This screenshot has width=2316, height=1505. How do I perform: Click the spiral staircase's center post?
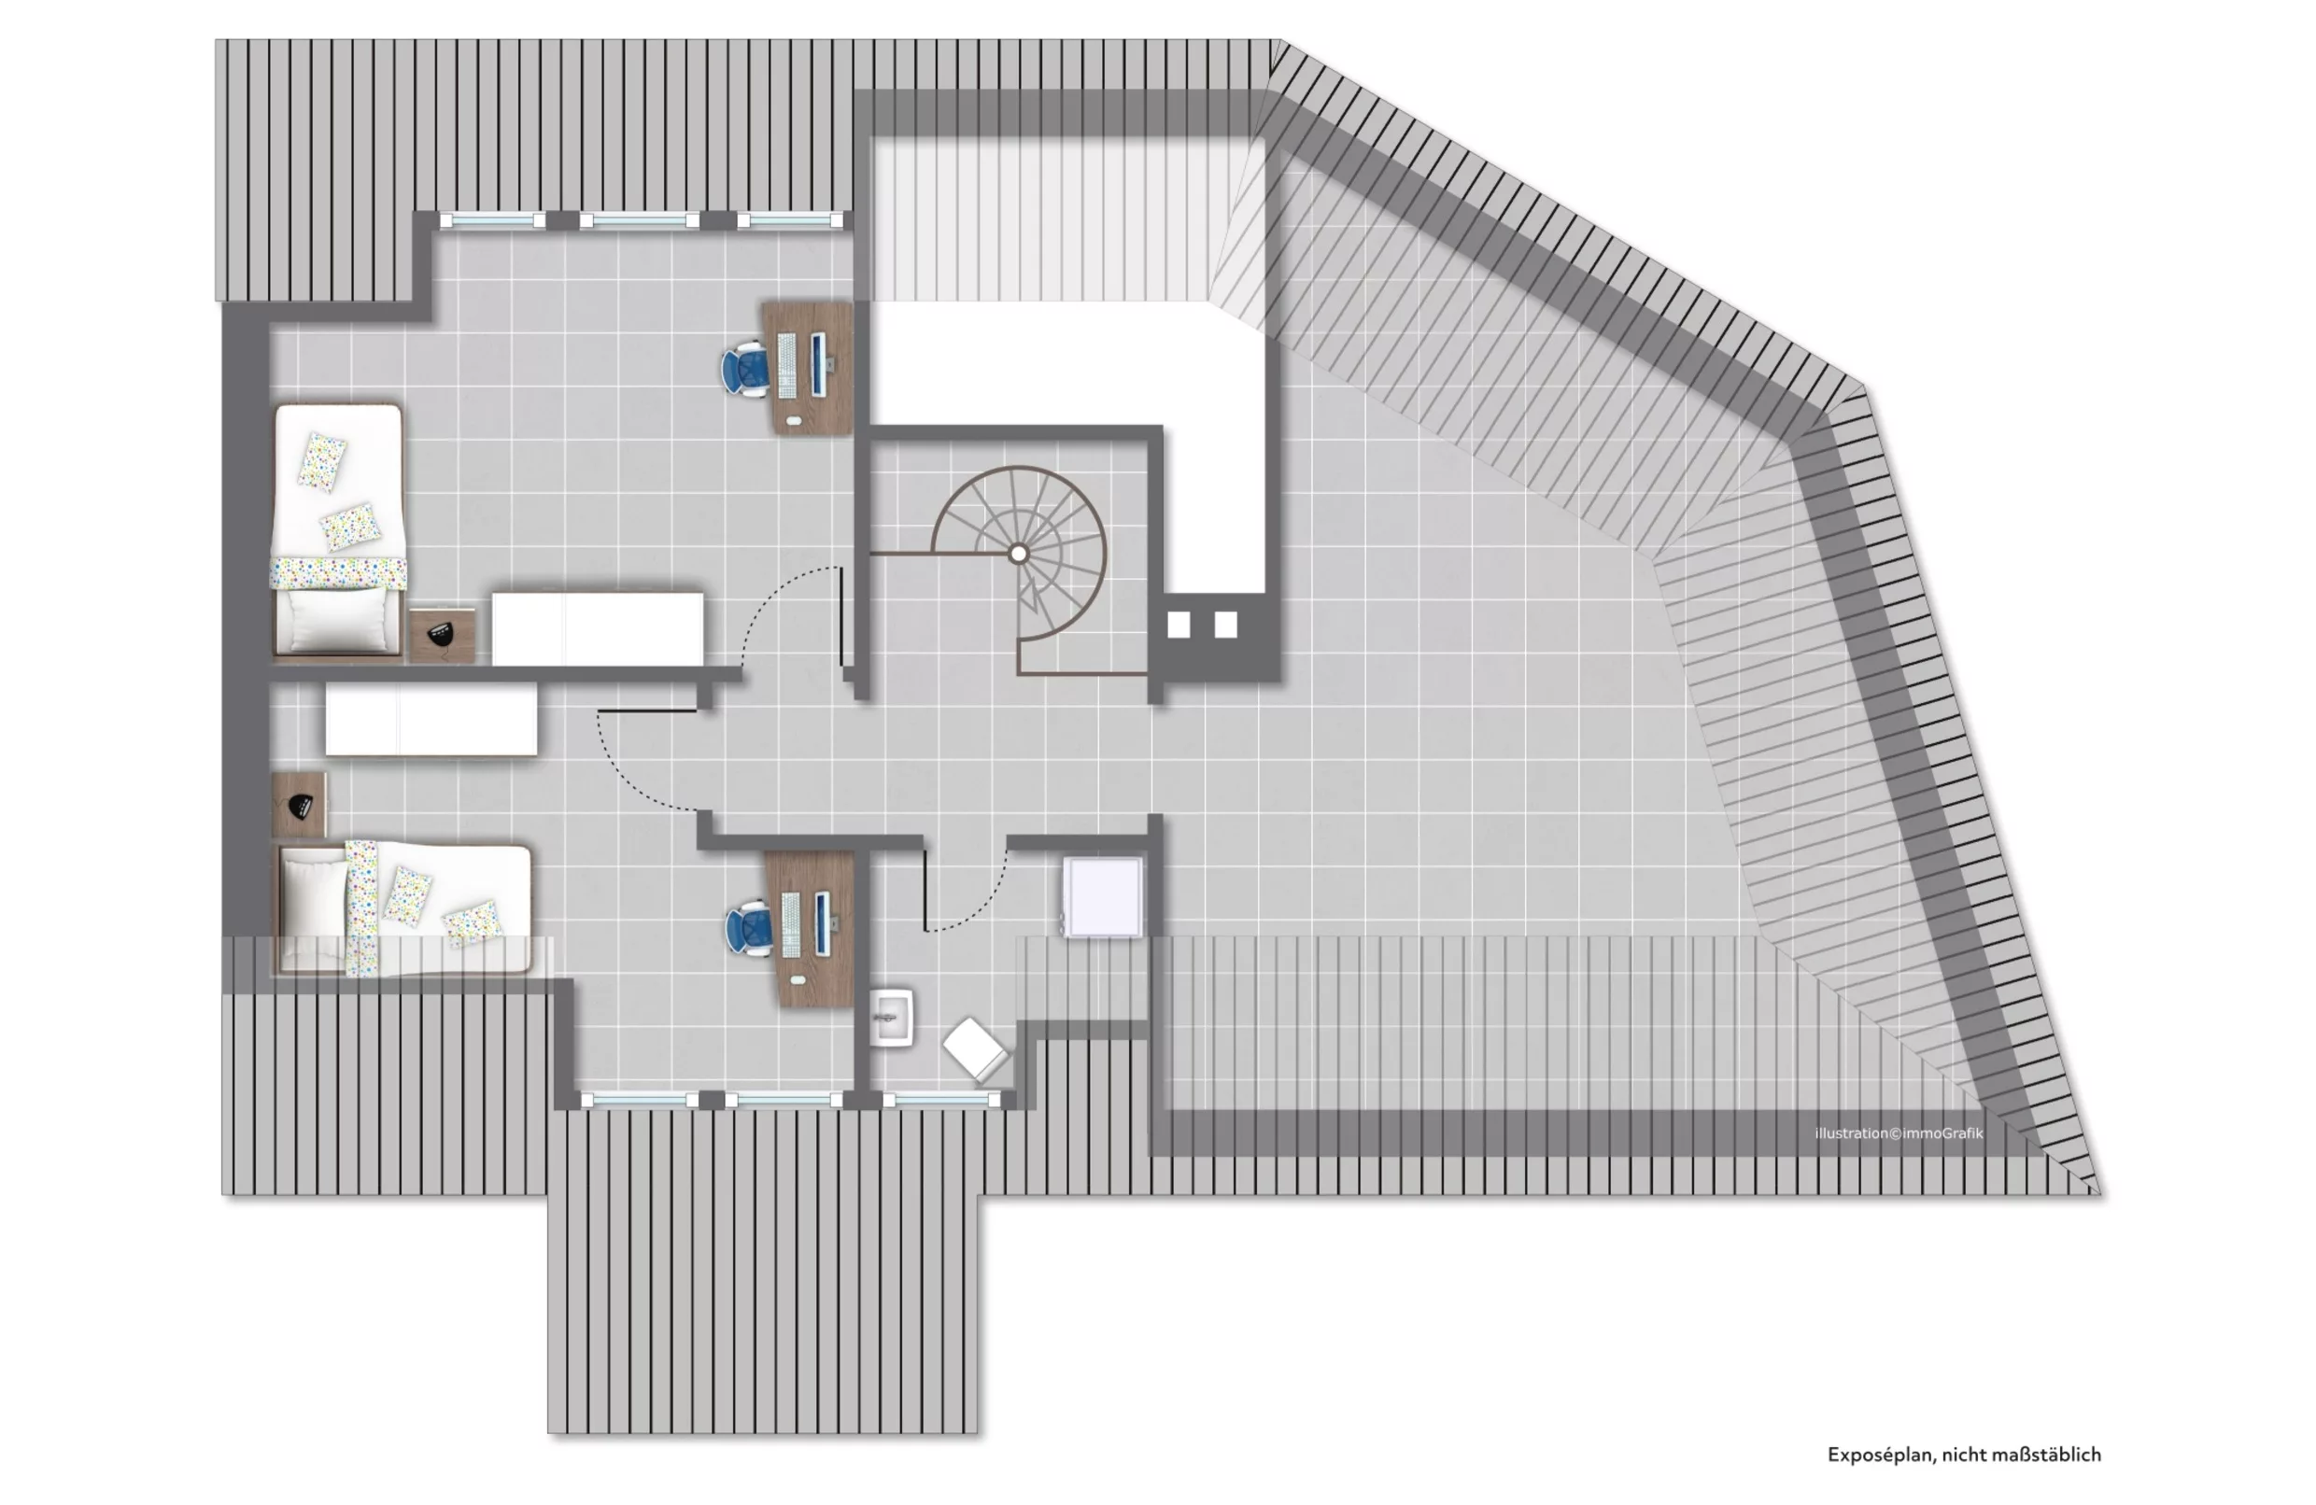1018,554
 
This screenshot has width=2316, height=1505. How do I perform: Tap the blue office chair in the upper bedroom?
745,369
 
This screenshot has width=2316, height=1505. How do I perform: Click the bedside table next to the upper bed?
442,635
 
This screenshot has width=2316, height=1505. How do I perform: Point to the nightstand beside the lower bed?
299,805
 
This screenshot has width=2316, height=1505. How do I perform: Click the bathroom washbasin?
891,1018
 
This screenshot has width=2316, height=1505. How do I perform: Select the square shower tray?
1102,896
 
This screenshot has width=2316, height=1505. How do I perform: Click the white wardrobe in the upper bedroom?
597,628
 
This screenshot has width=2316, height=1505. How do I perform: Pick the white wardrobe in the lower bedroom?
431,718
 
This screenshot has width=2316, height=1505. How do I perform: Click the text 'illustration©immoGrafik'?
1898,1133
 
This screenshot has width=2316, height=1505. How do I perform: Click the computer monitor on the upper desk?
817,363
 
